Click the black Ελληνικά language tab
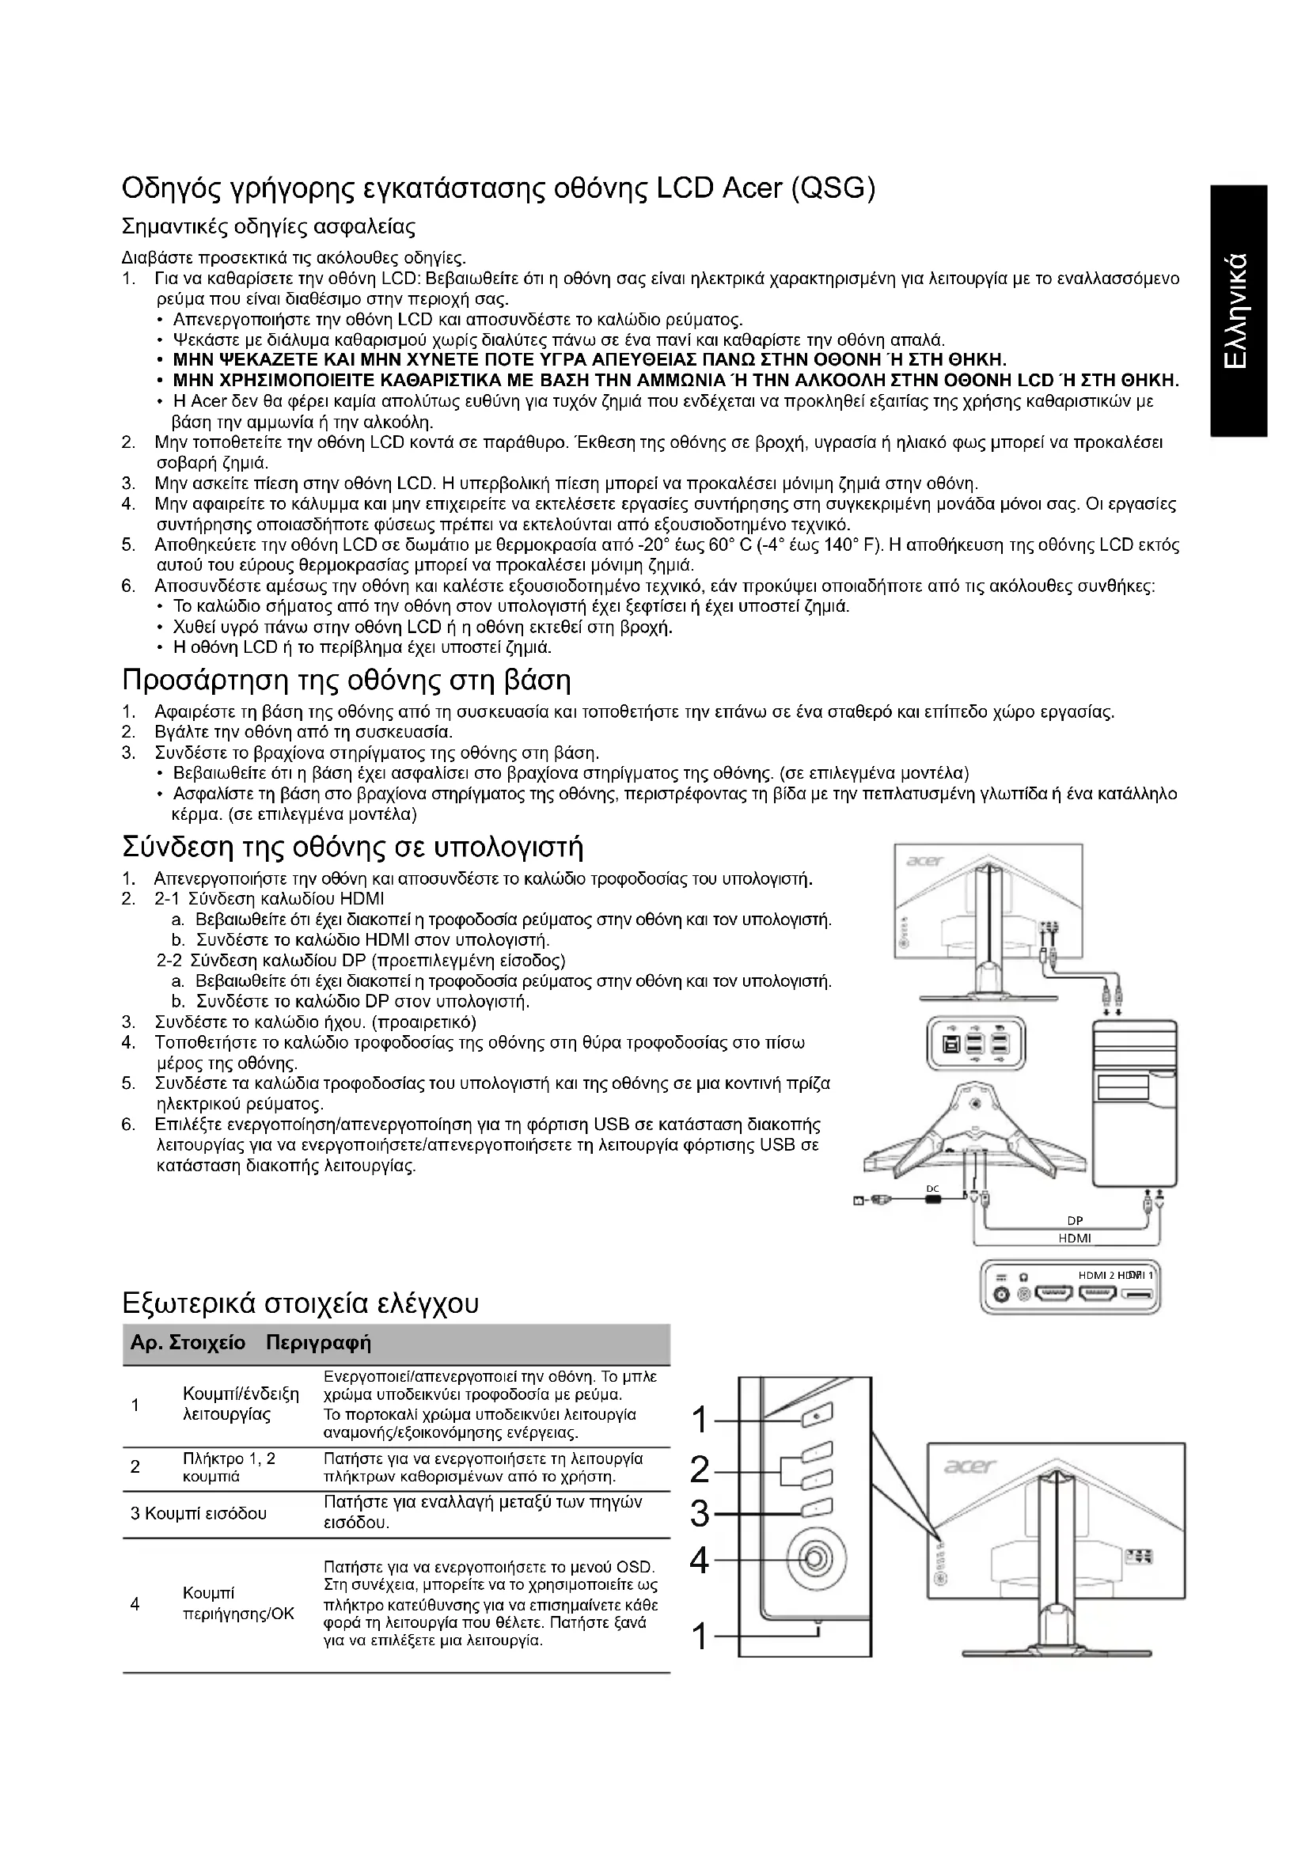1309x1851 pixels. click(x=1239, y=310)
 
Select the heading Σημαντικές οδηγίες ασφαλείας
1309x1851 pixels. click(x=268, y=226)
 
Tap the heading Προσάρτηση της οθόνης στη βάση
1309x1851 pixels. click(x=347, y=681)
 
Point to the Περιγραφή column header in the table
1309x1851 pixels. click(x=318, y=1343)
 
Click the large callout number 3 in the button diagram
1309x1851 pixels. click(x=700, y=1515)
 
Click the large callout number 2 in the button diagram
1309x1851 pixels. click(x=700, y=1471)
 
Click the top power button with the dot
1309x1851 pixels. click(x=814, y=1415)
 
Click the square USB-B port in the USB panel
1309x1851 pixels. click(x=952, y=1045)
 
